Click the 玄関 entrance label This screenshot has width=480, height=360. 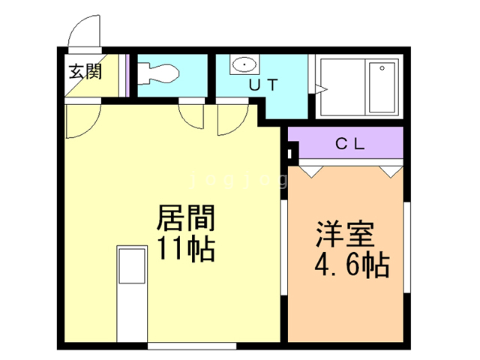(x=84, y=73)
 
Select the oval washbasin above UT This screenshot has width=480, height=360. (x=244, y=65)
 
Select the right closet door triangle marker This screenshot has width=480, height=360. (x=389, y=172)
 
